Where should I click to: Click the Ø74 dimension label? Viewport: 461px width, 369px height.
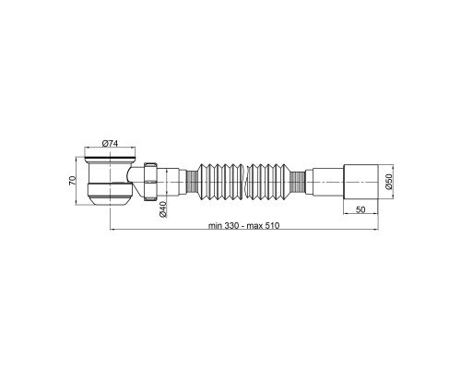pyautogui.click(x=110, y=143)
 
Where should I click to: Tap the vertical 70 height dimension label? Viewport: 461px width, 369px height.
pyautogui.click(x=72, y=181)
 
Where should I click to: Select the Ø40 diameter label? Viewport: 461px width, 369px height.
pyautogui.click(x=163, y=209)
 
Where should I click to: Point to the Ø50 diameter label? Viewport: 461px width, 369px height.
pyautogui.click(x=389, y=182)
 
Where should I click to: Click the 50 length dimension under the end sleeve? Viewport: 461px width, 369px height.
pyautogui.click(x=361, y=209)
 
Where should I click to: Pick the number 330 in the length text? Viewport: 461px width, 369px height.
pyautogui.click(x=231, y=226)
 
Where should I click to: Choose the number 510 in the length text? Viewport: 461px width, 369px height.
pyautogui.click(x=272, y=226)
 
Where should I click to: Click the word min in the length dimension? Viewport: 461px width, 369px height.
pyautogui.click(x=216, y=226)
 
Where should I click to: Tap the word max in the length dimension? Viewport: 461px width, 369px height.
pyautogui.click(x=254, y=226)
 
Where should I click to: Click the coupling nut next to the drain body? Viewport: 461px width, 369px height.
pyautogui.click(x=150, y=182)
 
